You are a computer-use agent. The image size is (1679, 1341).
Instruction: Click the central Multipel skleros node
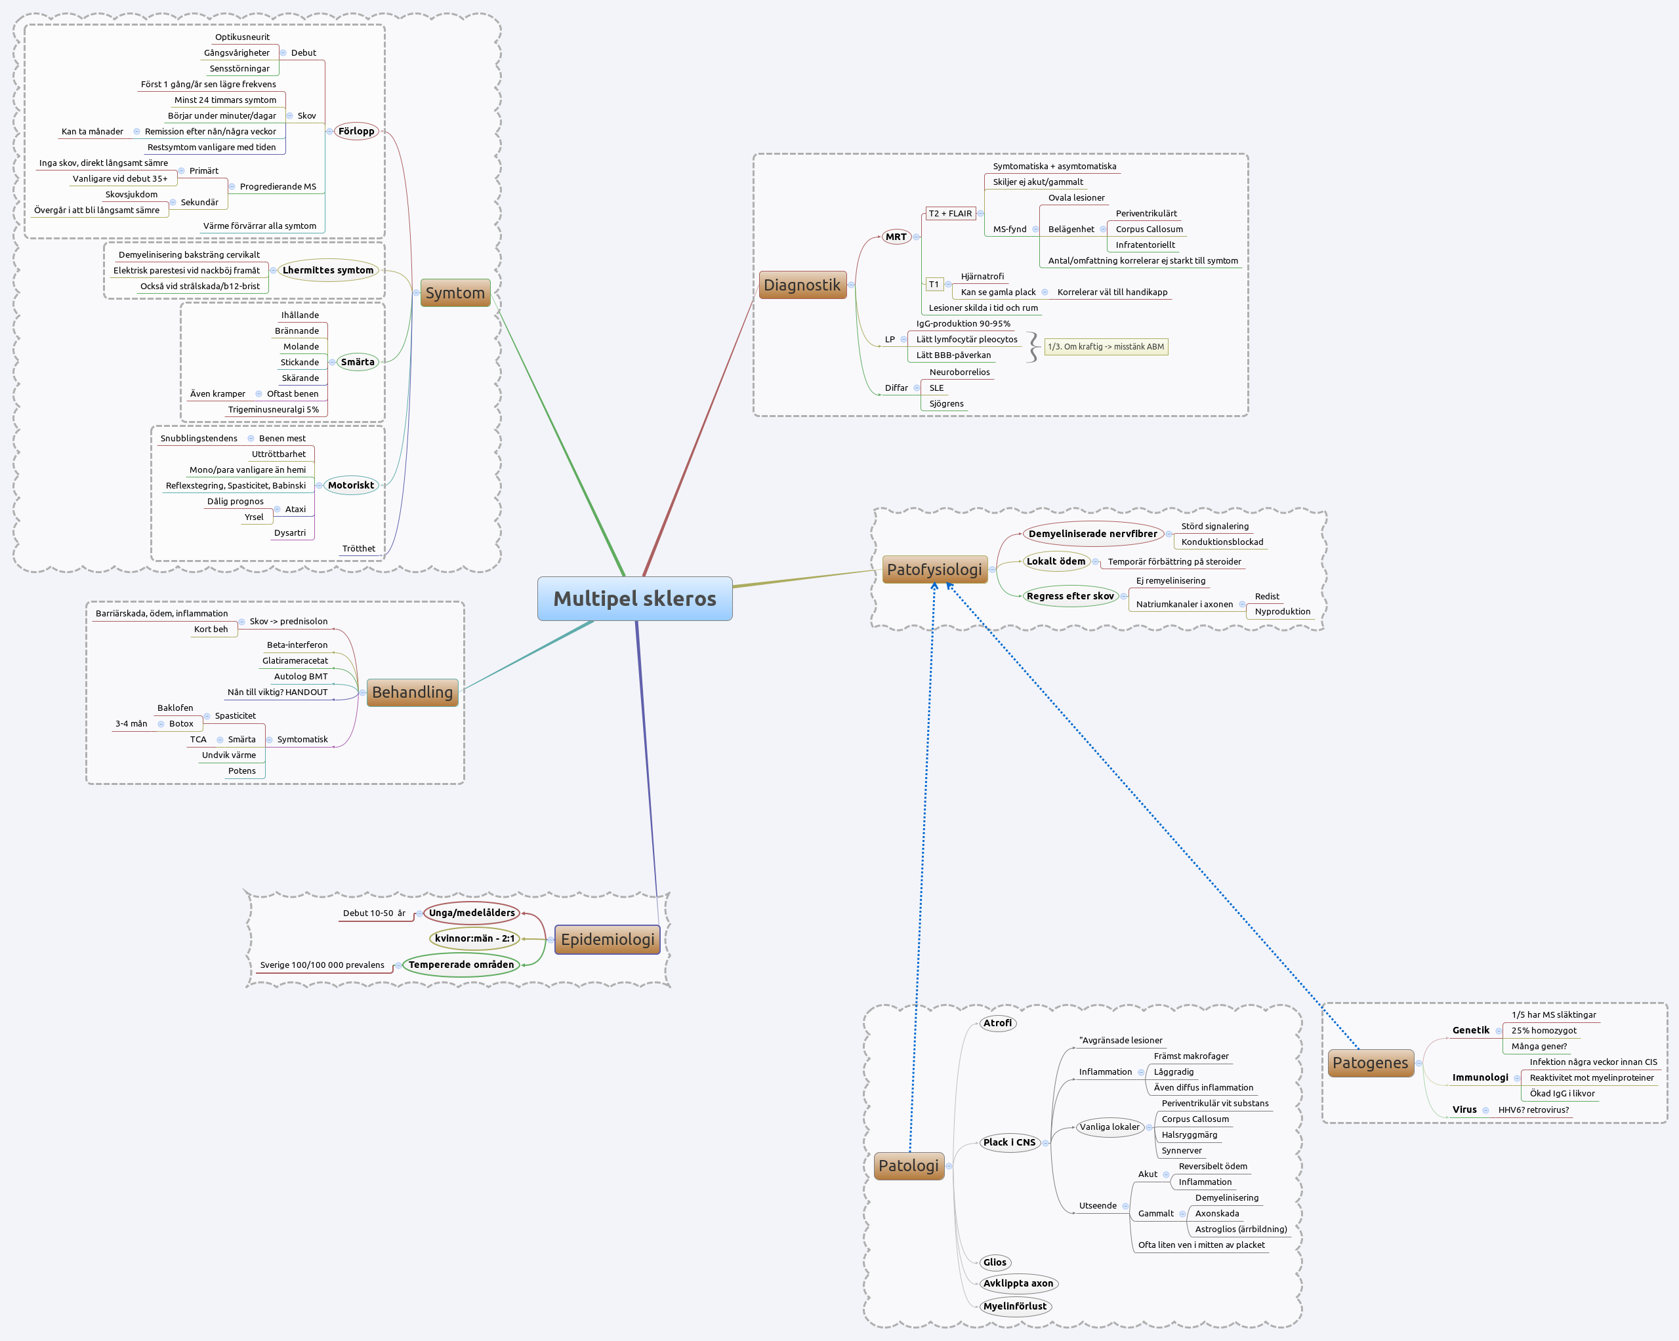tap(634, 599)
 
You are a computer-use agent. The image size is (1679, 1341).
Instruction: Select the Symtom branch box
tap(455, 292)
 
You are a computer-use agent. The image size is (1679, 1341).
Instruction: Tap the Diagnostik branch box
tap(802, 285)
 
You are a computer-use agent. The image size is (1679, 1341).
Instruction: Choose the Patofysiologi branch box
tap(934, 569)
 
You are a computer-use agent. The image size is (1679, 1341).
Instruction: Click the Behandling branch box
tap(412, 692)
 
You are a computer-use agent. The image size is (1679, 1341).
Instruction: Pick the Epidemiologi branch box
tap(608, 938)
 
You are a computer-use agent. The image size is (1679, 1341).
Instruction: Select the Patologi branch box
tap(908, 1165)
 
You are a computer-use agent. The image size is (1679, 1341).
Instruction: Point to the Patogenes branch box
tap(1370, 1062)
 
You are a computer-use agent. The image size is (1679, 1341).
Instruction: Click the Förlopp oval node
tap(356, 130)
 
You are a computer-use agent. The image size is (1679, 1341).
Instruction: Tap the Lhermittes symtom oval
tap(328, 270)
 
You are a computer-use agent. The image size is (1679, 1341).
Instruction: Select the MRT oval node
tap(896, 237)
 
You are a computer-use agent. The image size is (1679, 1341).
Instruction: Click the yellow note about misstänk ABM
tap(1105, 346)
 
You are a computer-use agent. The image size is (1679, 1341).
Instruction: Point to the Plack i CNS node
tap(1008, 1142)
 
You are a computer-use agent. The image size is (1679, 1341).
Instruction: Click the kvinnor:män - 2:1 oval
tap(474, 938)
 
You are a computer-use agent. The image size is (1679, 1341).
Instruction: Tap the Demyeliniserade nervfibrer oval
tap(1092, 533)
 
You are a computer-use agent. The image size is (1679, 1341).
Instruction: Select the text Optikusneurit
tap(242, 37)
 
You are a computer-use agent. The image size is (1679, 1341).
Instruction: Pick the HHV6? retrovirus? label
tap(1533, 1110)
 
